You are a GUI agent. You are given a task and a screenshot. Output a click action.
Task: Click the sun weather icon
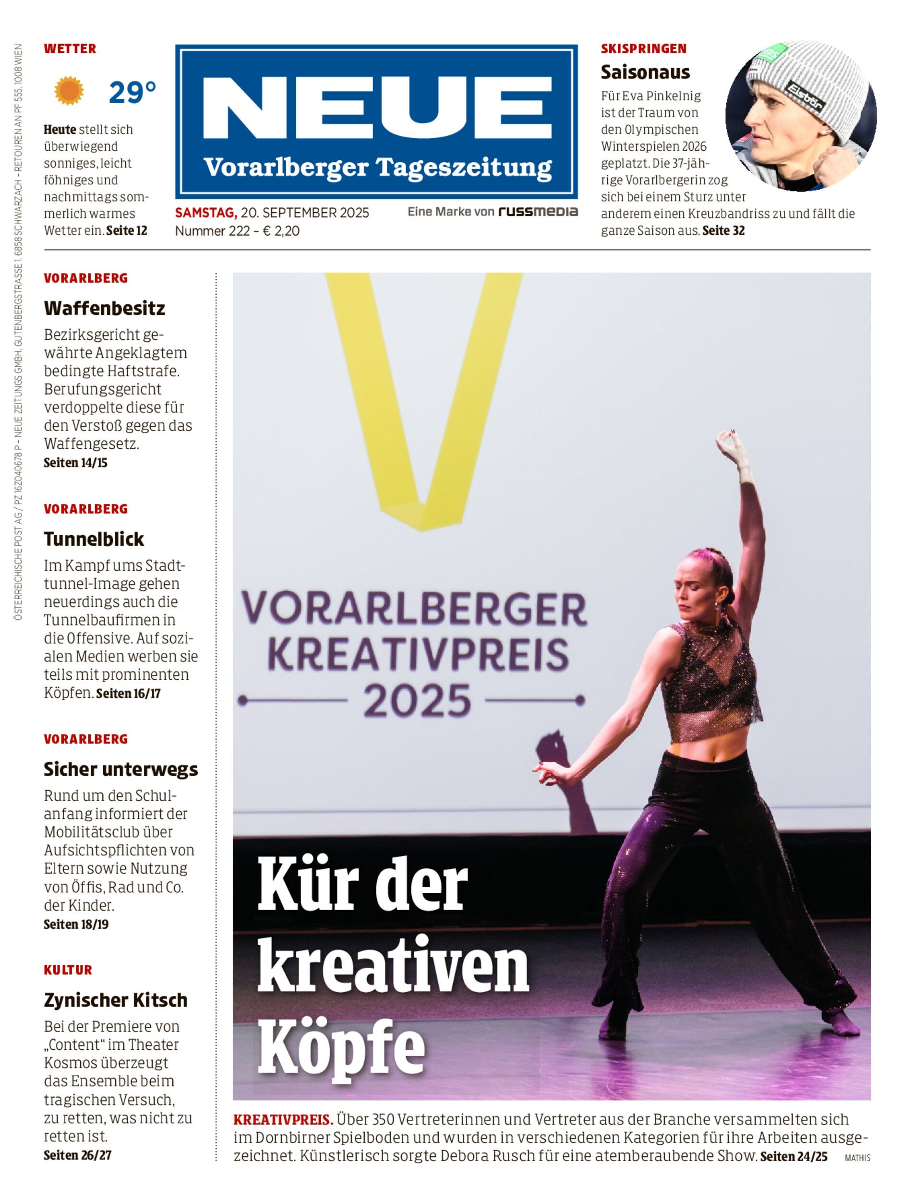tap(69, 91)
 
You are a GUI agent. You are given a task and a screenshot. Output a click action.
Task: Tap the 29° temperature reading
tap(132, 93)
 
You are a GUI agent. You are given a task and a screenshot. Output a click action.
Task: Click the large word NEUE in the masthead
tap(376, 110)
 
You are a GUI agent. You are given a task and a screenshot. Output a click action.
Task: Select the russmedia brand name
tap(538, 212)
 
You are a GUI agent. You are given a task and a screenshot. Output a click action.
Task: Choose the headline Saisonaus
tap(645, 72)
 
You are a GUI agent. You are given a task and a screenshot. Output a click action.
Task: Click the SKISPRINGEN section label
tap(643, 48)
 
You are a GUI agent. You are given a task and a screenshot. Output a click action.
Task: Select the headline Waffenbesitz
tap(104, 309)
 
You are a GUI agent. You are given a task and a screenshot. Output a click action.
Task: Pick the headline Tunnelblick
tap(94, 539)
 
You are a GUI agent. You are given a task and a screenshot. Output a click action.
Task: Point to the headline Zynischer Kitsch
tap(115, 1000)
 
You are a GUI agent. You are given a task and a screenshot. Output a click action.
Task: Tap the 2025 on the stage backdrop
tap(416, 701)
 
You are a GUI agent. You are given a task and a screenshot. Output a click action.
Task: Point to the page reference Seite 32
tap(723, 231)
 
